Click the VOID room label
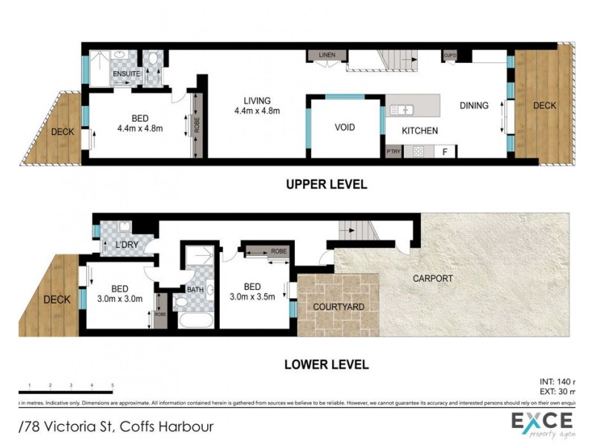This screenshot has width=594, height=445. [345, 128]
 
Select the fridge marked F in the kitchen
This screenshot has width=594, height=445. [444, 151]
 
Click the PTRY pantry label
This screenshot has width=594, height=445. [394, 152]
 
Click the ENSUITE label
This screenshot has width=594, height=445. [125, 75]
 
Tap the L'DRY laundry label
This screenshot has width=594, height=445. [125, 244]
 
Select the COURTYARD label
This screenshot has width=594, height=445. [337, 306]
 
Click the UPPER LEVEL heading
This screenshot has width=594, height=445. [327, 185]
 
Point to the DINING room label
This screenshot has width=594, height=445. [474, 105]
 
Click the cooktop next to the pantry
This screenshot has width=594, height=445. [418, 151]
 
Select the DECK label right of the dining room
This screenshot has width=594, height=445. [544, 105]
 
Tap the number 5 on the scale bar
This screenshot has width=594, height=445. [112, 386]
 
